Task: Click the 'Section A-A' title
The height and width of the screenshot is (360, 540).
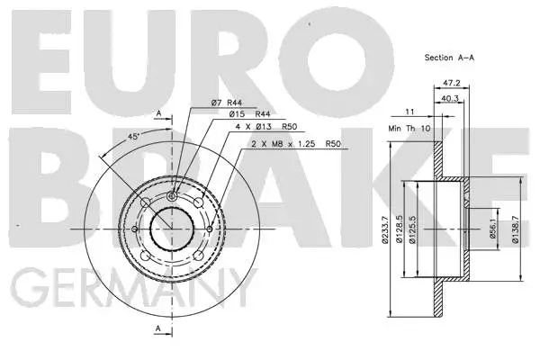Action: pyautogui.click(x=451, y=57)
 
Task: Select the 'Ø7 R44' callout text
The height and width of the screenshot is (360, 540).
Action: pyautogui.click(x=229, y=103)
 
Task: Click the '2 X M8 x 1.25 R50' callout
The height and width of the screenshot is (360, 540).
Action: pyautogui.click(x=284, y=143)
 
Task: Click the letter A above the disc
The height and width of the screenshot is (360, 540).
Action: pyautogui.click(x=159, y=113)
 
